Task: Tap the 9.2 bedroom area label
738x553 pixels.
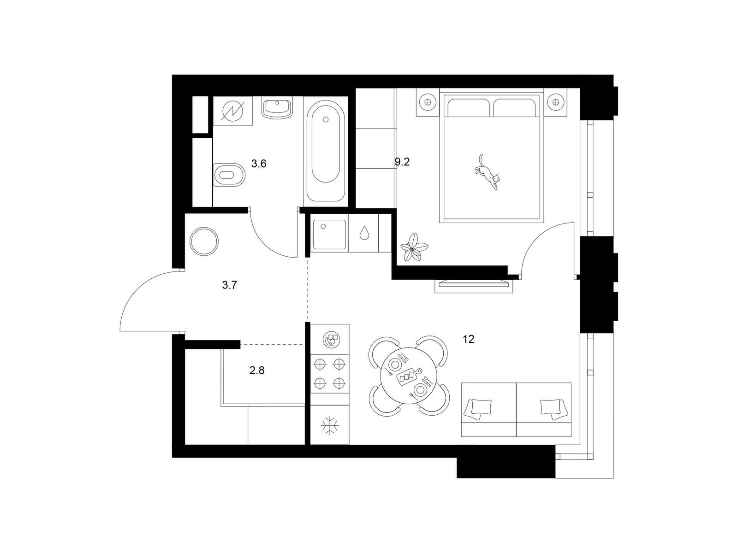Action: [x=402, y=162]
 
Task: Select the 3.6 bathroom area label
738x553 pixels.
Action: [x=259, y=164]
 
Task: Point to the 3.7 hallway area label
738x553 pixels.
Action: [x=230, y=285]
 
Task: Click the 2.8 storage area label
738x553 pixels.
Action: [x=257, y=371]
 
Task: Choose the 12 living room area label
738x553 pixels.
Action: [x=468, y=339]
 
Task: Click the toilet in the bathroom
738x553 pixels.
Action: [x=229, y=175]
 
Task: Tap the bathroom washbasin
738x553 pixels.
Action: [x=277, y=109]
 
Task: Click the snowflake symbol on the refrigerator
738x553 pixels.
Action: [x=330, y=426]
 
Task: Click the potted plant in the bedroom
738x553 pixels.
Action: [x=414, y=247]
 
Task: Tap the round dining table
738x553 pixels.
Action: [x=409, y=376]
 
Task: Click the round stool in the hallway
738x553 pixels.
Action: [x=204, y=241]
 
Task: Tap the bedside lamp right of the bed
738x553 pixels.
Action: [x=556, y=102]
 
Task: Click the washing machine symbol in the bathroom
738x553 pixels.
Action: [x=232, y=111]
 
